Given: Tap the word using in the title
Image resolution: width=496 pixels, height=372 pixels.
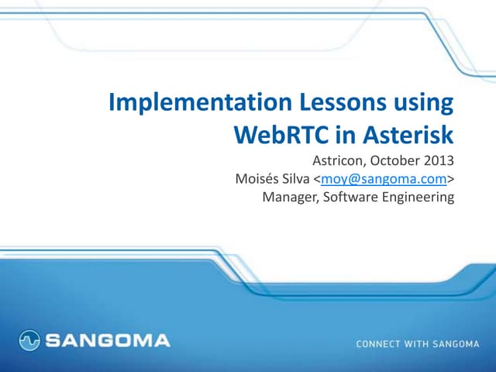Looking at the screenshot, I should click(x=422, y=104).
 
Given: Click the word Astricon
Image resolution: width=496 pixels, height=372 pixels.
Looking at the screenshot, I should click(x=339, y=162).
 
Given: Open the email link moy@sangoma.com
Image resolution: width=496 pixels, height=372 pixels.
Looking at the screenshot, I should click(x=384, y=180).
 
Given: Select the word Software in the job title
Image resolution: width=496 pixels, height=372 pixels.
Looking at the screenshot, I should click(x=350, y=198).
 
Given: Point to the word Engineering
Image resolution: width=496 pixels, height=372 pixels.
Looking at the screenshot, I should click(x=417, y=198).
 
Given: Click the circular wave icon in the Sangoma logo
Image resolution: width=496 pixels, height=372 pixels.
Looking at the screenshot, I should click(x=29, y=339).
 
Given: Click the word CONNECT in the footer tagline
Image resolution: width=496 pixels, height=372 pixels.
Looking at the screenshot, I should click(x=379, y=343).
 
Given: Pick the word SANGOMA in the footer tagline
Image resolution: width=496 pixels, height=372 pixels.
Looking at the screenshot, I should click(x=456, y=343).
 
